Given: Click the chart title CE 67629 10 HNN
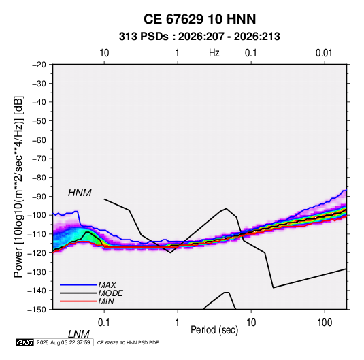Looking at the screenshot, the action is point(199,19).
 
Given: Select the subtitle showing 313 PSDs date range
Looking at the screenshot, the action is point(199,37).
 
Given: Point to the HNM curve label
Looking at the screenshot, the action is point(80,193).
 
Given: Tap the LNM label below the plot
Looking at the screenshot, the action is point(79,334).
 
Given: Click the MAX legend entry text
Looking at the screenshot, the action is point(107,284).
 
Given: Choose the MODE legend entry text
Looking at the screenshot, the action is point(110,293).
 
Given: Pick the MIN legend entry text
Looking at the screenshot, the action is point(106,301).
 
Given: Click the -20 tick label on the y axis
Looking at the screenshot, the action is point(39,65).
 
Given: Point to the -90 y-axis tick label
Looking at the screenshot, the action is point(39,196).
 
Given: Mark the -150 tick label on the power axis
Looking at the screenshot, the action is point(37,310).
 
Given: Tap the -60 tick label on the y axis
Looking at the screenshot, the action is point(39,140).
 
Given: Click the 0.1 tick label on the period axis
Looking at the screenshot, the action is point(104,323).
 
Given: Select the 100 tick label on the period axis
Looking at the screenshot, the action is point(325,323).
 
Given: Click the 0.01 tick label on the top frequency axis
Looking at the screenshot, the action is point(324,53).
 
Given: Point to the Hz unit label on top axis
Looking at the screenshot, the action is point(214,53).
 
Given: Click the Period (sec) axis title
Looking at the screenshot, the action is point(214,330).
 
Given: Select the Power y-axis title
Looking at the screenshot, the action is point(18,186).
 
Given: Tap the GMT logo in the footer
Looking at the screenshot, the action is point(24,342).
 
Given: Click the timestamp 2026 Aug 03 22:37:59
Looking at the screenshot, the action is point(63,342).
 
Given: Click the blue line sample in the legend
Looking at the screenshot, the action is point(78,284).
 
